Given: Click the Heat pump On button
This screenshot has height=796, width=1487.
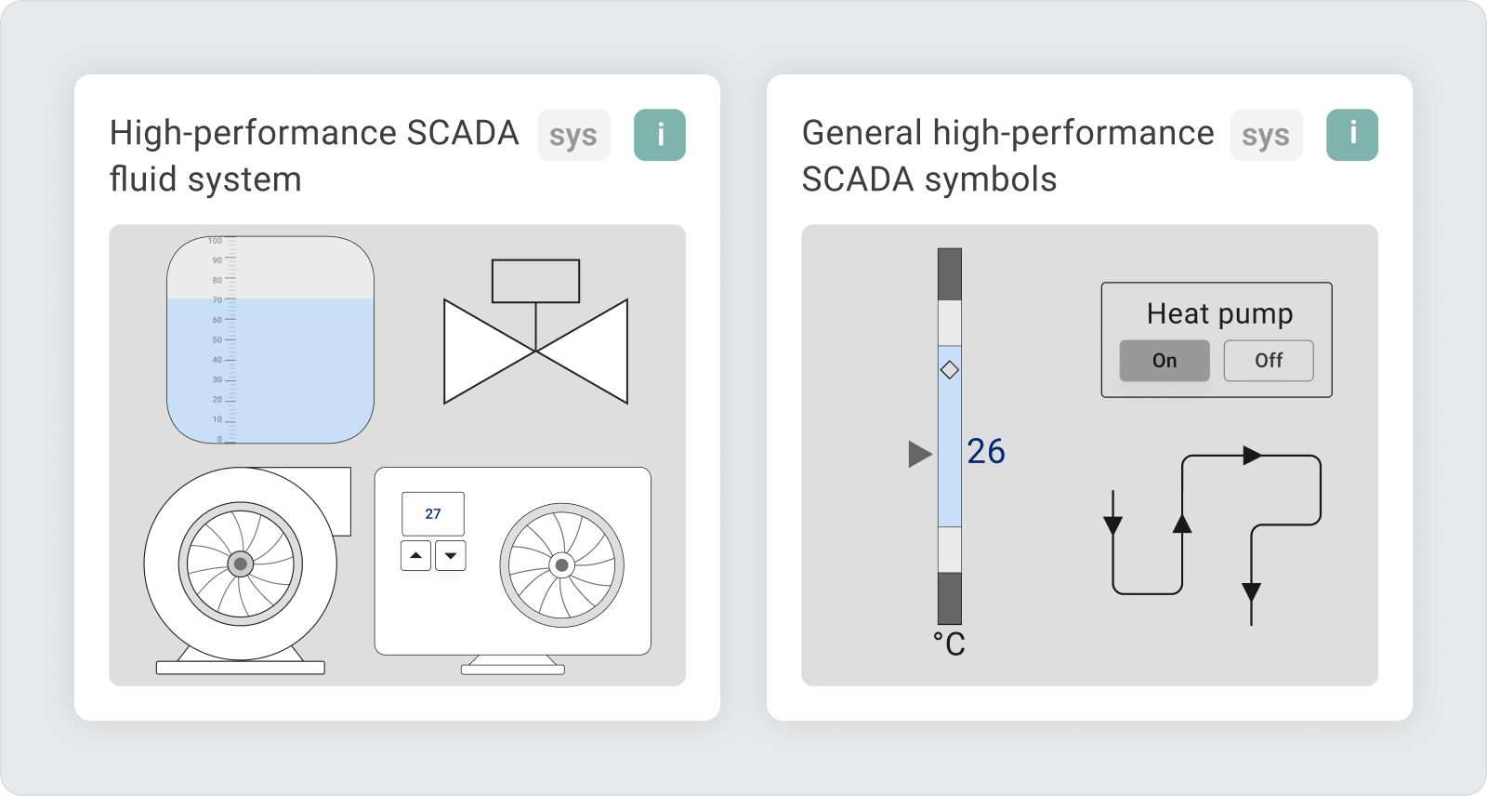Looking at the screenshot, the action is click(x=1165, y=360).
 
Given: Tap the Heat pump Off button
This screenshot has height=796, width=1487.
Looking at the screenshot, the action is click(x=1269, y=360).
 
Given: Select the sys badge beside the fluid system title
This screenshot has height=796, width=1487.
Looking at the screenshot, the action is click(x=573, y=135).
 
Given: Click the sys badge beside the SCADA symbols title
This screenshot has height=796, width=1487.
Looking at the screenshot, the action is click(x=1266, y=135).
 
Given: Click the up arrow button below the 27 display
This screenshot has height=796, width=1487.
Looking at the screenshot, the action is click(x=416, y=555).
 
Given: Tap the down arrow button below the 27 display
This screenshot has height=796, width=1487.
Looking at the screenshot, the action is click(x=451, y=555).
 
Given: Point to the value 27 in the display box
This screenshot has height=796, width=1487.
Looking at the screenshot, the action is click(x=433, y=513).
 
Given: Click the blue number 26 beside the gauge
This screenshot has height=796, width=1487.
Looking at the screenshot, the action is click(x=986, y=452).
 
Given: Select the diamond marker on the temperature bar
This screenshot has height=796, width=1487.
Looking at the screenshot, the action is click(x=949, y=369).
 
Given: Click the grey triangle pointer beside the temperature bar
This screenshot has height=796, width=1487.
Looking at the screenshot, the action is click(x=919, y=455).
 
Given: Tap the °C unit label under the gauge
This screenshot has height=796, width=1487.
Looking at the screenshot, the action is click(x=949, y=643).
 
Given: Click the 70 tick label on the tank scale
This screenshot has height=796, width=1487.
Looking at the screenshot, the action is click(x=217, y=300).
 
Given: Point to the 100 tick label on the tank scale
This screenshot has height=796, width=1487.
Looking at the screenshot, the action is click(x=215, y=241).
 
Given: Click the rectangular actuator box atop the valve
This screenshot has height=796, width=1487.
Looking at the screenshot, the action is click(x=535, y=281).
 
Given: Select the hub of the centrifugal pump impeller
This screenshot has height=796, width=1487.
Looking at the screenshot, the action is click(x=241, y=564).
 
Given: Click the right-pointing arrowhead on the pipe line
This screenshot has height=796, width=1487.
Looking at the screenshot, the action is click(x=1253, y=455).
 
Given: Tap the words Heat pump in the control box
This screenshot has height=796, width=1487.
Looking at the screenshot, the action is click(x=1219, y=313).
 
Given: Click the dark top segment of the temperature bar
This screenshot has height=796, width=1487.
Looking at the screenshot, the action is click(x=949, y=274).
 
